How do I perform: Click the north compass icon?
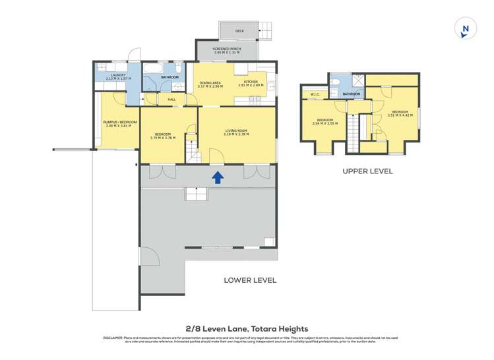466,29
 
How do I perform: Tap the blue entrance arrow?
216,177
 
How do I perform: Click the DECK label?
239,31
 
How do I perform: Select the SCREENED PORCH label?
226,49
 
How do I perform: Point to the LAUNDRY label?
119,75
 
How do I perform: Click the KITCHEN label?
251,82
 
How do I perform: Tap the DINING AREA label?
209,82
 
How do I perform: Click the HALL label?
171,100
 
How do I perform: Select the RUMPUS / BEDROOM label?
119,122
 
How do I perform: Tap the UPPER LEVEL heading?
367,171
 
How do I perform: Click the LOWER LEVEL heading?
250,280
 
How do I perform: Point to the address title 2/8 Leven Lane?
246,328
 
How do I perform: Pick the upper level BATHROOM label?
352,94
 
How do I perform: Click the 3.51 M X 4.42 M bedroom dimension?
400,115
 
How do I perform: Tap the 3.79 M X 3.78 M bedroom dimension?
162,138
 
